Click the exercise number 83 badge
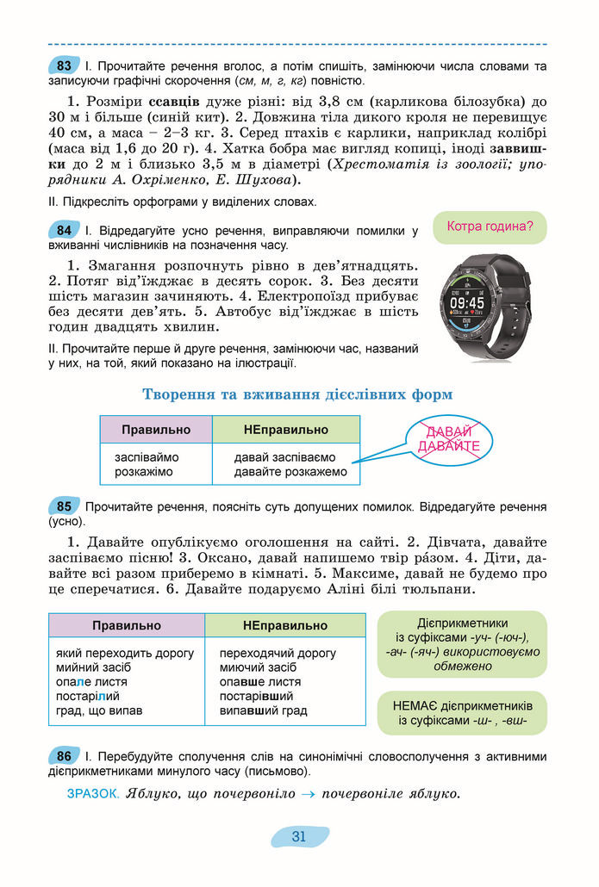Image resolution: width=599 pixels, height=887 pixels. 64,65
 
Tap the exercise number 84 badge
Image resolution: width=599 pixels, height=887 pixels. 64,231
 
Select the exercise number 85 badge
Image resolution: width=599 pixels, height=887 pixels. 64,506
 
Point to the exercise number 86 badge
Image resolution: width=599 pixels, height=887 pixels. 64,756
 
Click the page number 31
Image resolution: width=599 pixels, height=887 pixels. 299,836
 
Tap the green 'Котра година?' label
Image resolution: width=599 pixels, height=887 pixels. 490,227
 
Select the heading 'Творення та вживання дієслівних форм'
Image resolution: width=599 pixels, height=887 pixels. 297,394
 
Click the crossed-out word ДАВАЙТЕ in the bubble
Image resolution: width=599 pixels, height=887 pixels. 448,446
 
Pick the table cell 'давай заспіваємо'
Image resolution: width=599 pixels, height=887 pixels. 285,457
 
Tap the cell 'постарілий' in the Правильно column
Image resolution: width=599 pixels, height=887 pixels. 87,696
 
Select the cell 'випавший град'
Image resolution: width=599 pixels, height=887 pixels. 263,710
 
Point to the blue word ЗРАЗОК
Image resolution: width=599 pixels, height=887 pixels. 92,793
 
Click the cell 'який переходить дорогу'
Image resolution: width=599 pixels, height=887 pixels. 125,653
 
